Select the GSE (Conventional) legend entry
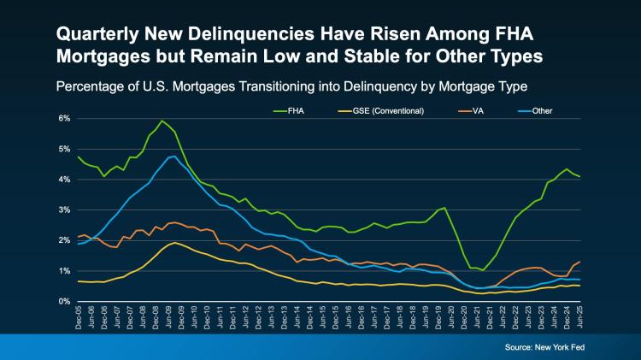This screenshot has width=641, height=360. click(393, 112)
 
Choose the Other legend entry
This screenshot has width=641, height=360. click(540, 112)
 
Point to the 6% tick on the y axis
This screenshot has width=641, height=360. click(64, 118)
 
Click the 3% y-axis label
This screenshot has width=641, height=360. click(64, 210)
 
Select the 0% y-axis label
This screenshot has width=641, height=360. click(64, 301)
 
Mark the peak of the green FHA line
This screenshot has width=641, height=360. click(162, 121)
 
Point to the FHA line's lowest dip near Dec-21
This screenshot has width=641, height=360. click(483, 270)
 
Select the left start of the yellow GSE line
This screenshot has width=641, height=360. click(79, 281)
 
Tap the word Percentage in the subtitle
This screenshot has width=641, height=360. click(93, 87)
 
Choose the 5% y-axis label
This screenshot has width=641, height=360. click(64, 149)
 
